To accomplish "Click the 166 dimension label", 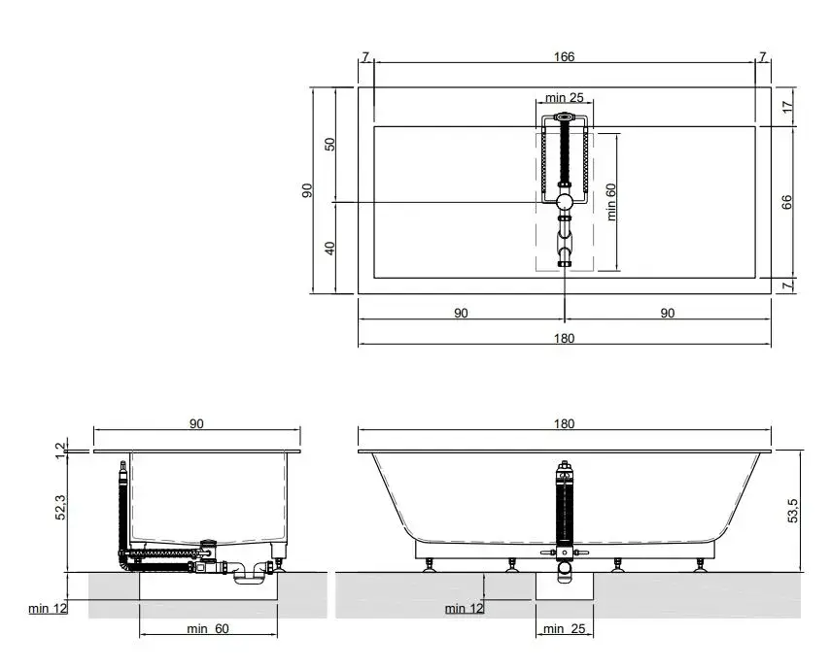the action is [x=564, y=56].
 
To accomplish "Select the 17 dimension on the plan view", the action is [x=788, y=106].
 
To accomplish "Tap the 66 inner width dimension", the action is [x=787, y=202].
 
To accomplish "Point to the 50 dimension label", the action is [x=329, y=144].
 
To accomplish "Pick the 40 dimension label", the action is [x=329, y=248].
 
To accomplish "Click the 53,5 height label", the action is [x=792, y=511].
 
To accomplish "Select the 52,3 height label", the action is [x=61, y=507].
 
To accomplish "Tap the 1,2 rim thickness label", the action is [x=61, y=451].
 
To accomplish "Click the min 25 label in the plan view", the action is [x=565, y=97].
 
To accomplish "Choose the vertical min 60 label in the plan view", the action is [x=611, y=202].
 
